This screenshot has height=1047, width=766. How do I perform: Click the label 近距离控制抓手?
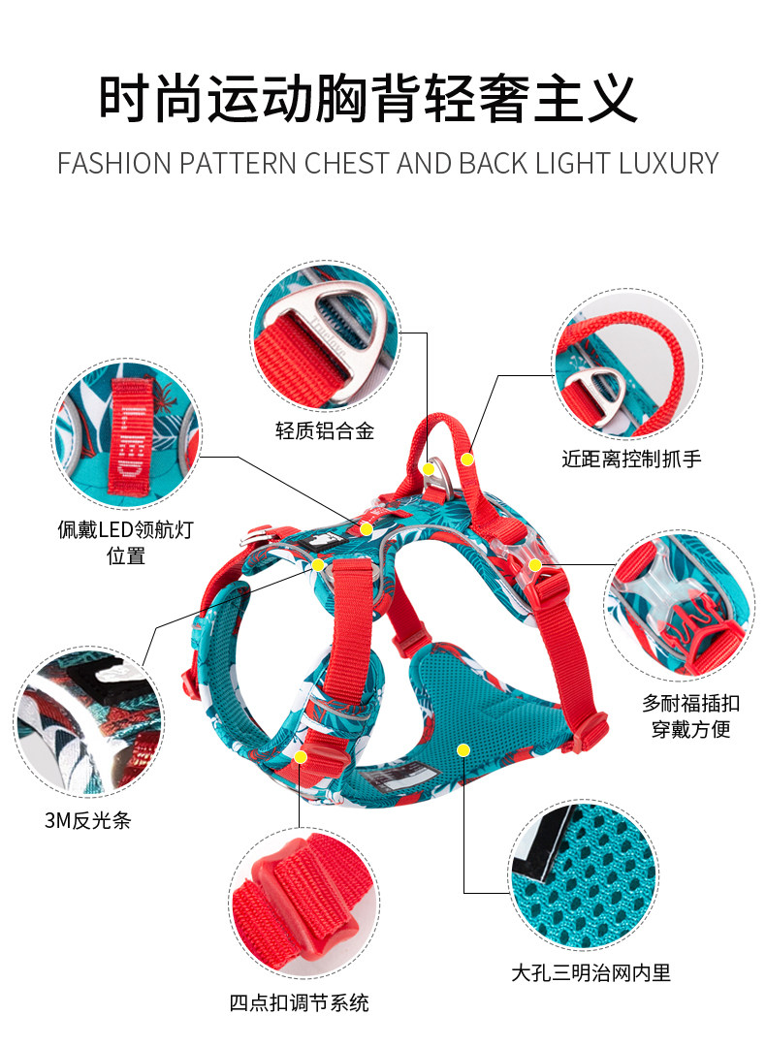(631, 459)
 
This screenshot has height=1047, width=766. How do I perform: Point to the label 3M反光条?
(86, 820)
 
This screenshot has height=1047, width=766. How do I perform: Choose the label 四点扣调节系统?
(299, 1002)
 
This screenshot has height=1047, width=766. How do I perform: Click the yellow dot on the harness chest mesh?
(463, 749)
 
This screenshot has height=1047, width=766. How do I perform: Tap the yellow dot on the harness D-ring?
(428, 468)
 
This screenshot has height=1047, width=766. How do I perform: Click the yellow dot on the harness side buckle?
(534, 564)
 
